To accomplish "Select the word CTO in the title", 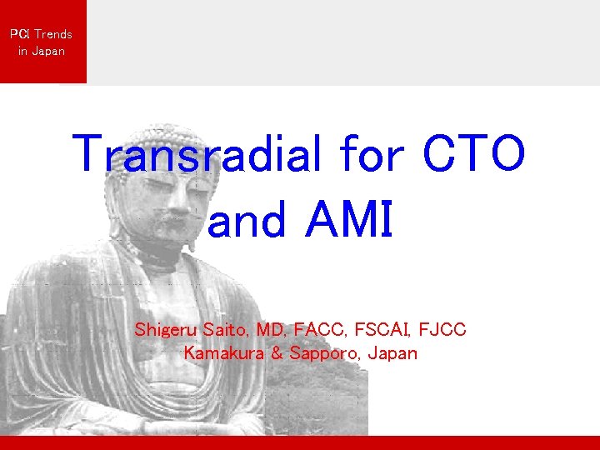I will [474, 153].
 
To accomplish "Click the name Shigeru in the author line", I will [164, 330].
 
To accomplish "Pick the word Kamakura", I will [222, 352].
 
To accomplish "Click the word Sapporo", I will [321, 353].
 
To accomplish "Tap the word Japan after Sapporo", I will [392, 353].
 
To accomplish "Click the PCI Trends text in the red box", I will [41, 34].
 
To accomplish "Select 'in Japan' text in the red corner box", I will [41, 51].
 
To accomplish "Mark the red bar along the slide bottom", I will [300, 442].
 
